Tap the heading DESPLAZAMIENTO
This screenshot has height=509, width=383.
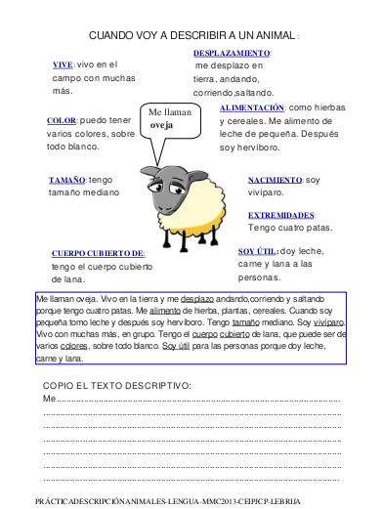232,53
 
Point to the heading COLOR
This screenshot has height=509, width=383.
62,120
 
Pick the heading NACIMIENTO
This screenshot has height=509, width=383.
275,180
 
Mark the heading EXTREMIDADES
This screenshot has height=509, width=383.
281,215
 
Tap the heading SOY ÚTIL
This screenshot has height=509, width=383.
257,250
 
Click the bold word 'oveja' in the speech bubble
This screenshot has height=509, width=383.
161,125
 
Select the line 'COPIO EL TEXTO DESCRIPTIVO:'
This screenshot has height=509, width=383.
117,386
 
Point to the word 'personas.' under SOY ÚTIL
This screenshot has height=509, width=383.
260,276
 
